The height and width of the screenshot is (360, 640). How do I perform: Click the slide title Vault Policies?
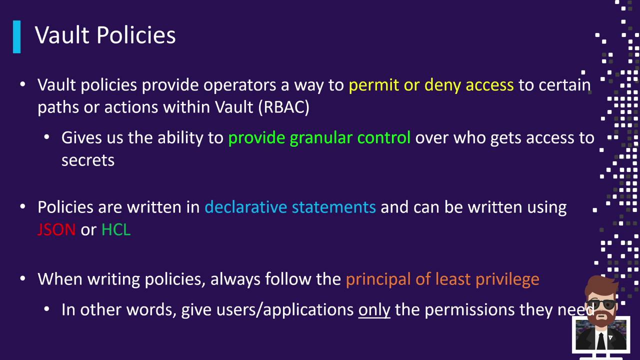click(105, 35)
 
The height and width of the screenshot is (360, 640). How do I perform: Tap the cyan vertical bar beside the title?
click(17, 37)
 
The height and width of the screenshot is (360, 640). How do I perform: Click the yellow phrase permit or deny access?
click(431, 85)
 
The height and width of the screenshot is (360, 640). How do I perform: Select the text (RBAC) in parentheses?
click(283, 107)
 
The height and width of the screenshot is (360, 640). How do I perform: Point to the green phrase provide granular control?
click(319, 138)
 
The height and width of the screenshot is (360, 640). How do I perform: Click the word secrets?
click(88, 160)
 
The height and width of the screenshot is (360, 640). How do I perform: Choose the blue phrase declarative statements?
click(290, 207)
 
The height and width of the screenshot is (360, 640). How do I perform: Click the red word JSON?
click(56, 229)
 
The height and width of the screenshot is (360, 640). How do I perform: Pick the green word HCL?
click(116, 229)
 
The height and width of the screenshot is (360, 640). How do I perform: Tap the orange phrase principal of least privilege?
click(442, 279)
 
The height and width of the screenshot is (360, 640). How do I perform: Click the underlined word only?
click(374, 310)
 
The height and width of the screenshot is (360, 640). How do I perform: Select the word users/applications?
click(285, 310)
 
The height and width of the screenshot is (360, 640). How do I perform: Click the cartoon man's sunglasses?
click(601, 304)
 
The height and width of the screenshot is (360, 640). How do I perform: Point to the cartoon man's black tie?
click(601, 341)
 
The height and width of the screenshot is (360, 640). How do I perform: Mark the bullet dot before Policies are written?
click(23, 206)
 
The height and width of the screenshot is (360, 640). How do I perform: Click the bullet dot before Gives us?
click(47, 137)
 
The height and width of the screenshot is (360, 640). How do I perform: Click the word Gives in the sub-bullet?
click(81, 137)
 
